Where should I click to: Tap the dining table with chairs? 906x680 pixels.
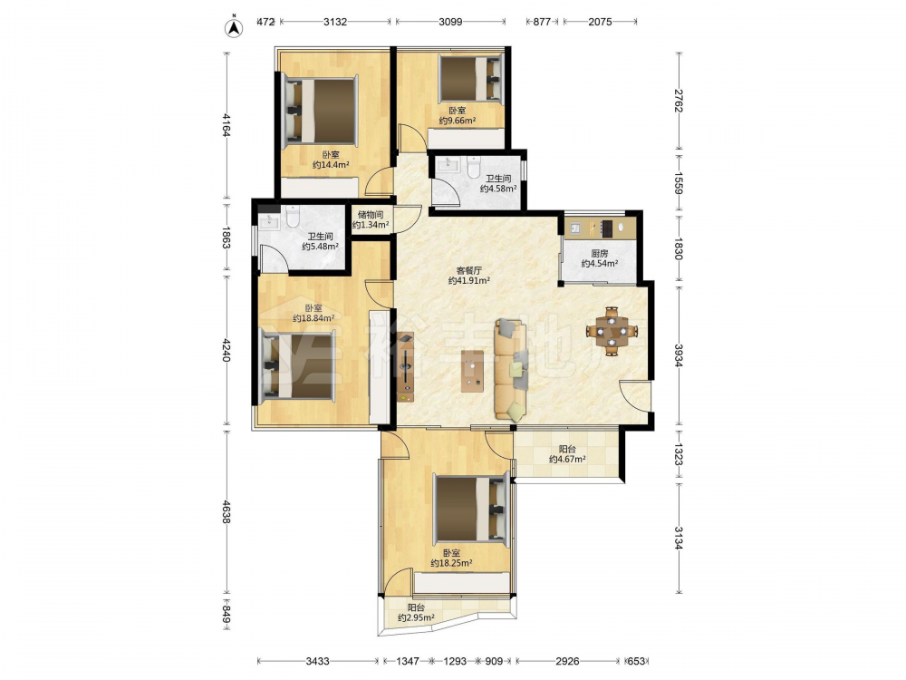[612, 331]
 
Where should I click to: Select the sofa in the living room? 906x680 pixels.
[510, 370]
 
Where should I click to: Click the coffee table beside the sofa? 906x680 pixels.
[473, 371]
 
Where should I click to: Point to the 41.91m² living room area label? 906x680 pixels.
[469, 276]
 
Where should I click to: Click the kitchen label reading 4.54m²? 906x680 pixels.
[600, 258]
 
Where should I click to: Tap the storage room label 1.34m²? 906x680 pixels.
[371, 220]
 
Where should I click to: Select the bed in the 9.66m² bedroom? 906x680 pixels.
[470, 78]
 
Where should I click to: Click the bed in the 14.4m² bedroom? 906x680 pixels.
[320, 111]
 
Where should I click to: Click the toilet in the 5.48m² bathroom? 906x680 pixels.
[292, 216]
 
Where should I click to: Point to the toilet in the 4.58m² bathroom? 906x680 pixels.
[473, 167]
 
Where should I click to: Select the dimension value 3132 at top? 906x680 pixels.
[335, 22]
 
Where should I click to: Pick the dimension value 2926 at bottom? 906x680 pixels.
[567, 661]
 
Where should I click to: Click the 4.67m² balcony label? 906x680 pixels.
[567, 454]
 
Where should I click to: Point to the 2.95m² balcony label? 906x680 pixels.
[416, 613]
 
